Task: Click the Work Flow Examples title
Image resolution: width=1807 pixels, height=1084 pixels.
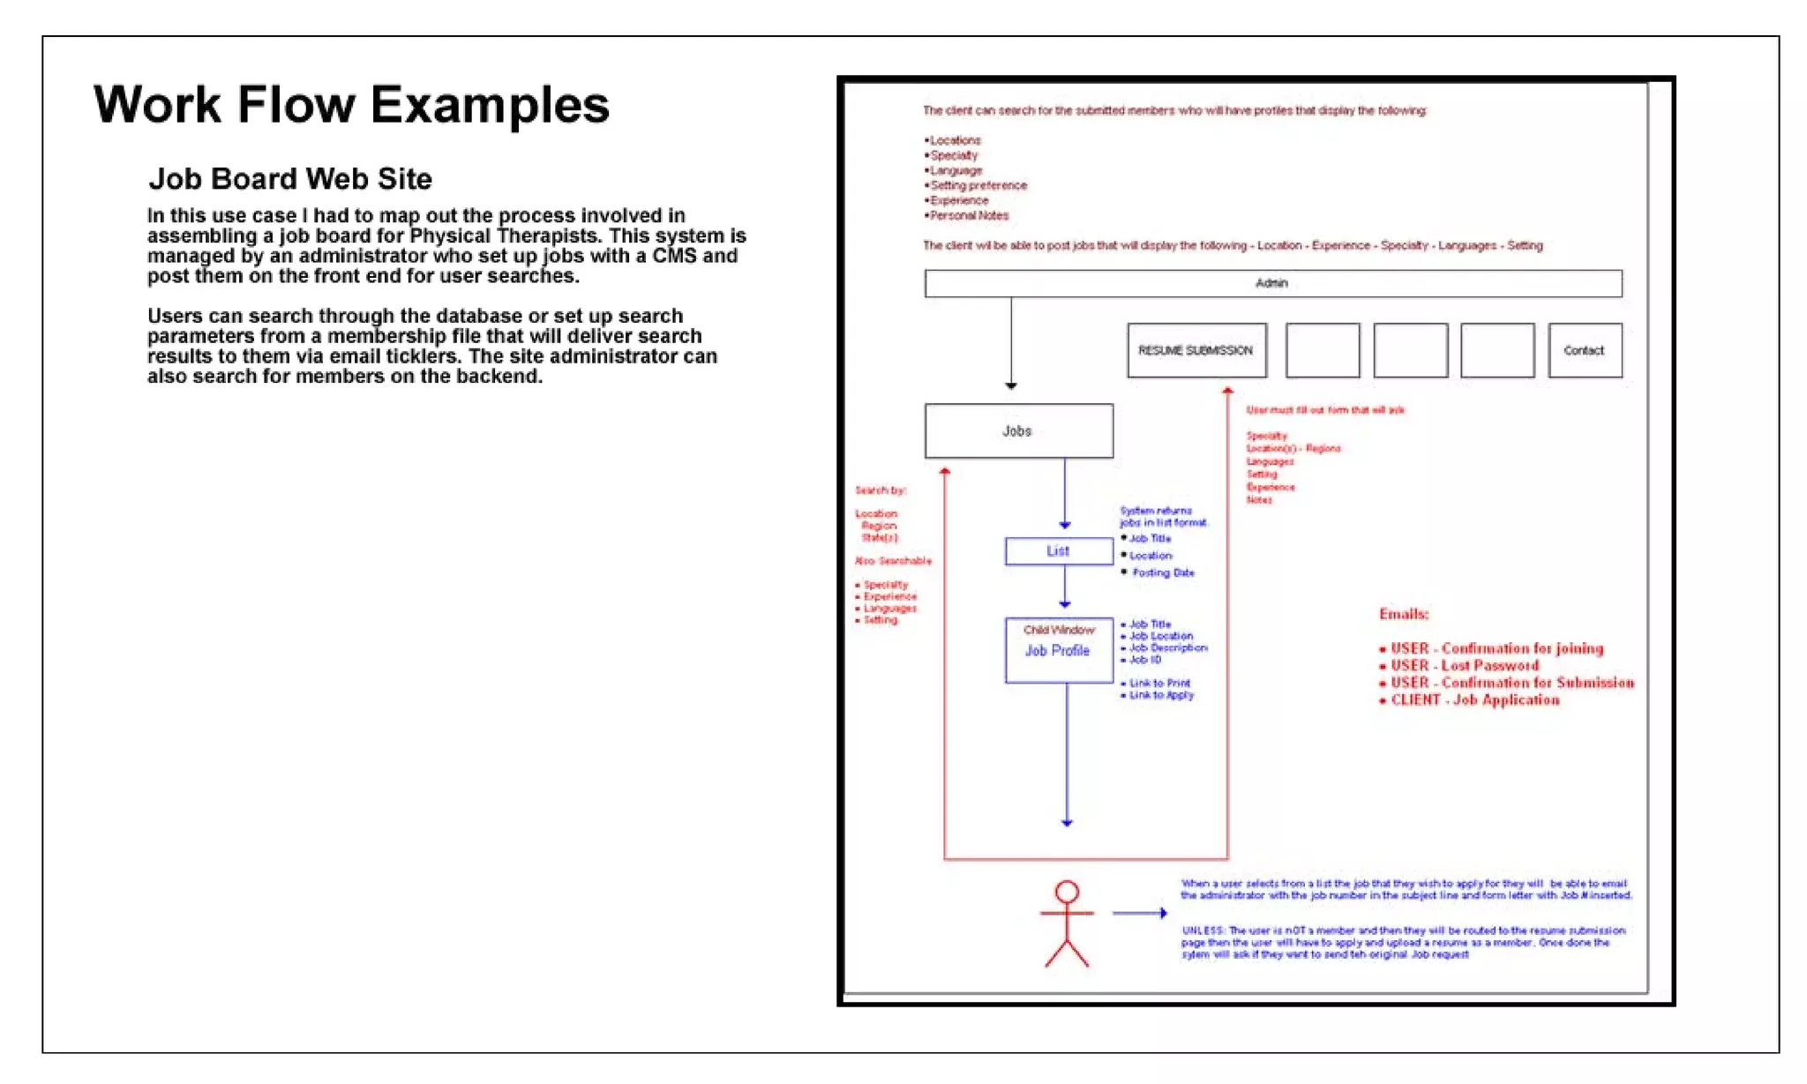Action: pyautogui.click(x=351, y=105)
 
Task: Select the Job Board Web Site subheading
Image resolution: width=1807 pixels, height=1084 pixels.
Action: pyautogui.click(x=290, y=179)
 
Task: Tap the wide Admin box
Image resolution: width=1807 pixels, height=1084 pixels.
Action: pyautogui.click(x=1272, y=283)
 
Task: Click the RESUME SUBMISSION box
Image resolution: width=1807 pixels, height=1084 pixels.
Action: pyautogui.click(x=1196, y=350)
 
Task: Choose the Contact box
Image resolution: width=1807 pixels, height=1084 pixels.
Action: pyautogui.click(x=1585, y=350)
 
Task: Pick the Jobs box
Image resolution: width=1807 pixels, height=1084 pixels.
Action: pyautogui.click(x=1018, y=431)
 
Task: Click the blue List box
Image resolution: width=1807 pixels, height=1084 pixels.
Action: pyautogui.click(x=1059, y=551)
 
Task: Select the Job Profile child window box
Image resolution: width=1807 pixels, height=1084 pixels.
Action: pyautogui.click(x=1059, y=650)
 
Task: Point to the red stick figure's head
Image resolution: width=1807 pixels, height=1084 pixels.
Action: pyautogui.click(x=1067, y=892)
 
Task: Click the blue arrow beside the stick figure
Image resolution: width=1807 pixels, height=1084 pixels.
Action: pyautogui.click(x=1140, y=913)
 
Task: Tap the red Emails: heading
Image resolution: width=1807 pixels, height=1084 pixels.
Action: pyautogui.click(x=1404, y=614)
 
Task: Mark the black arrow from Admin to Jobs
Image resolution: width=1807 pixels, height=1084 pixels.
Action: pyautogui.click(x=1011, y=344)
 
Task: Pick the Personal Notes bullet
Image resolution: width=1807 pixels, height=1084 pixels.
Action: pyautogui.click(x=969, y=215)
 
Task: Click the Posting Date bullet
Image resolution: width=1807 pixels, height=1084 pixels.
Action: pyautogui.click(x=1163, y=572)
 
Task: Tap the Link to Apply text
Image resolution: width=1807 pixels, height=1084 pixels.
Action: pyautogui.click(x=1161, y=695)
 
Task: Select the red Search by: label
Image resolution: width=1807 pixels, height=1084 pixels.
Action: pyautogui.click(x=881, y=490)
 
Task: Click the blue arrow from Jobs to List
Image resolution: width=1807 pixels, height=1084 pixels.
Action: pyautogui.click(x=1065, y=494)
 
